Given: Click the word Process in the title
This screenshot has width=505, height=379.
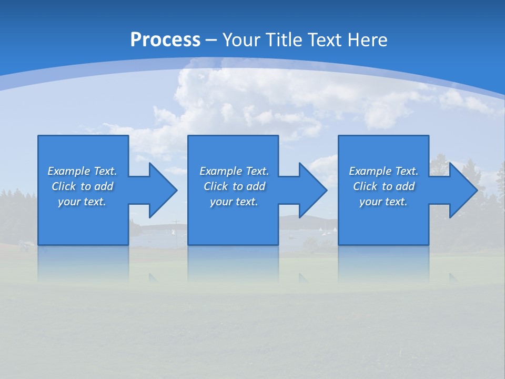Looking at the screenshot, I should pyautogui.click(x=165, y=40).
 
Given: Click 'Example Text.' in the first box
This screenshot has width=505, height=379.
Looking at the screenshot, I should pyautogui.click(x=82, y=171).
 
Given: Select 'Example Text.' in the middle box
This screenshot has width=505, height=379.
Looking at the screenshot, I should pyautogui.click(x=234, y=171).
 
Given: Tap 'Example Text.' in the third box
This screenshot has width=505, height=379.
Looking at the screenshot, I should pyautogui.click(x=383, y=171).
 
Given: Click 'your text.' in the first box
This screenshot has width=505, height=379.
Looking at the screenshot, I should pyautogui.click(x=82, y=202).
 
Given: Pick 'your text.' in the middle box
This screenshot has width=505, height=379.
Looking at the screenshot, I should pyautogui.click(x=234, y=202).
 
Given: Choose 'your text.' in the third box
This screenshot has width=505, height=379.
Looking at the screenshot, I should pyautogui.click(x=383, y=202).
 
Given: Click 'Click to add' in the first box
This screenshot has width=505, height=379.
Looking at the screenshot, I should pyautogui.click(x=82, y=186).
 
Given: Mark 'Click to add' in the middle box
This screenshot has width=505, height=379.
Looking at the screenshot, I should pyautogui.click(x=234, y=186).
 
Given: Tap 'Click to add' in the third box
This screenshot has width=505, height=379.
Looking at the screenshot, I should pyautogui.click(x=383, y=186).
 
